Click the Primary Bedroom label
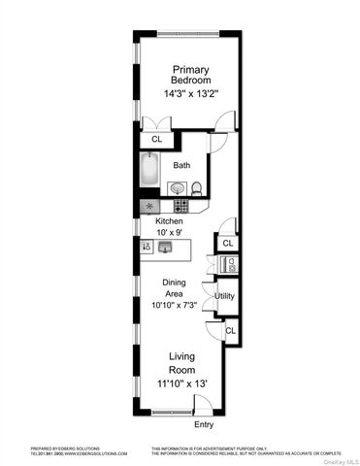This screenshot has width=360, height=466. [x=191, y=75]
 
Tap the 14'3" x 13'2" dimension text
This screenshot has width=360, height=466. [x=191, y=94]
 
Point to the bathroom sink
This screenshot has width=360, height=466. [x=177, y=187]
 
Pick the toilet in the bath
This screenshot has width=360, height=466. [x=195, y=188]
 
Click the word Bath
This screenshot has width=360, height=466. [x=181, y=165]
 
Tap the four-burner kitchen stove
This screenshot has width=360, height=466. [x=180, y=206]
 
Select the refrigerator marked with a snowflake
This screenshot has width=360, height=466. [x=148, y=206]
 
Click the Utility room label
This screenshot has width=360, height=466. [x=224, y=295]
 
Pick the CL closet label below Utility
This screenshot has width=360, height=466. [x=230, y=331]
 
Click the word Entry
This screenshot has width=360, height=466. [x=203, y=424]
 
